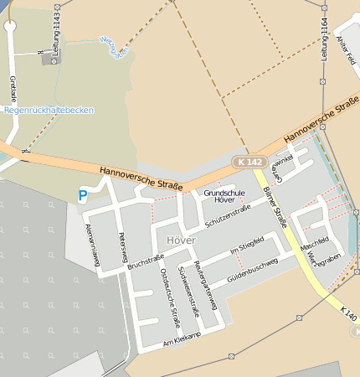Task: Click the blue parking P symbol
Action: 82,195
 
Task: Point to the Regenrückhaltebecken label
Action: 49,110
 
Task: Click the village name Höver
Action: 181,240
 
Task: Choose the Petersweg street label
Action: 123,246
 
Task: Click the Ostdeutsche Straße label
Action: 170,298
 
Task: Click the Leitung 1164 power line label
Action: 323,39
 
